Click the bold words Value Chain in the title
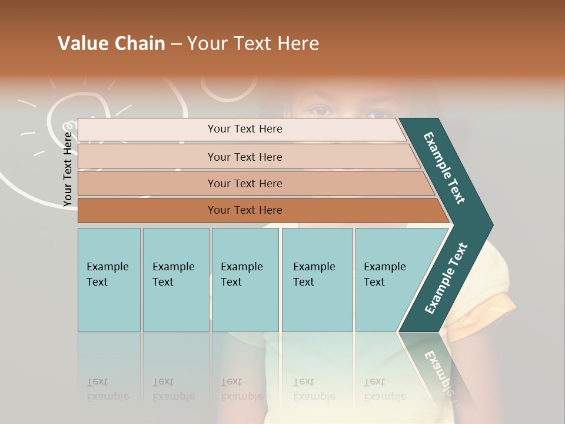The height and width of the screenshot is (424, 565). (x=111, y=44)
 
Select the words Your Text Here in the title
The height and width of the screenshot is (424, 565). (x=253, y=44)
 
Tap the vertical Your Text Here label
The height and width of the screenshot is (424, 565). (x=68, y=169)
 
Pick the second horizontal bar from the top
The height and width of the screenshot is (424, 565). (x=244, y=157)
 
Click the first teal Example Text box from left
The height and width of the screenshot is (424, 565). (x=109, y=280)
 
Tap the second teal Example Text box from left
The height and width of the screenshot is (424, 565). (x=175, y=280)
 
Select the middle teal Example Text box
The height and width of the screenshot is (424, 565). (x=245, y=280)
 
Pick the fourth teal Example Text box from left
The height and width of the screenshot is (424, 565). (x=317, y=280)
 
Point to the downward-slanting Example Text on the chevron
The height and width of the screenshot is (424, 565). (x=444, y=168)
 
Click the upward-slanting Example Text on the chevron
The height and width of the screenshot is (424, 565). (x=446, y=279)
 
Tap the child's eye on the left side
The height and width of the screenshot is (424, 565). (x=321, y=110)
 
